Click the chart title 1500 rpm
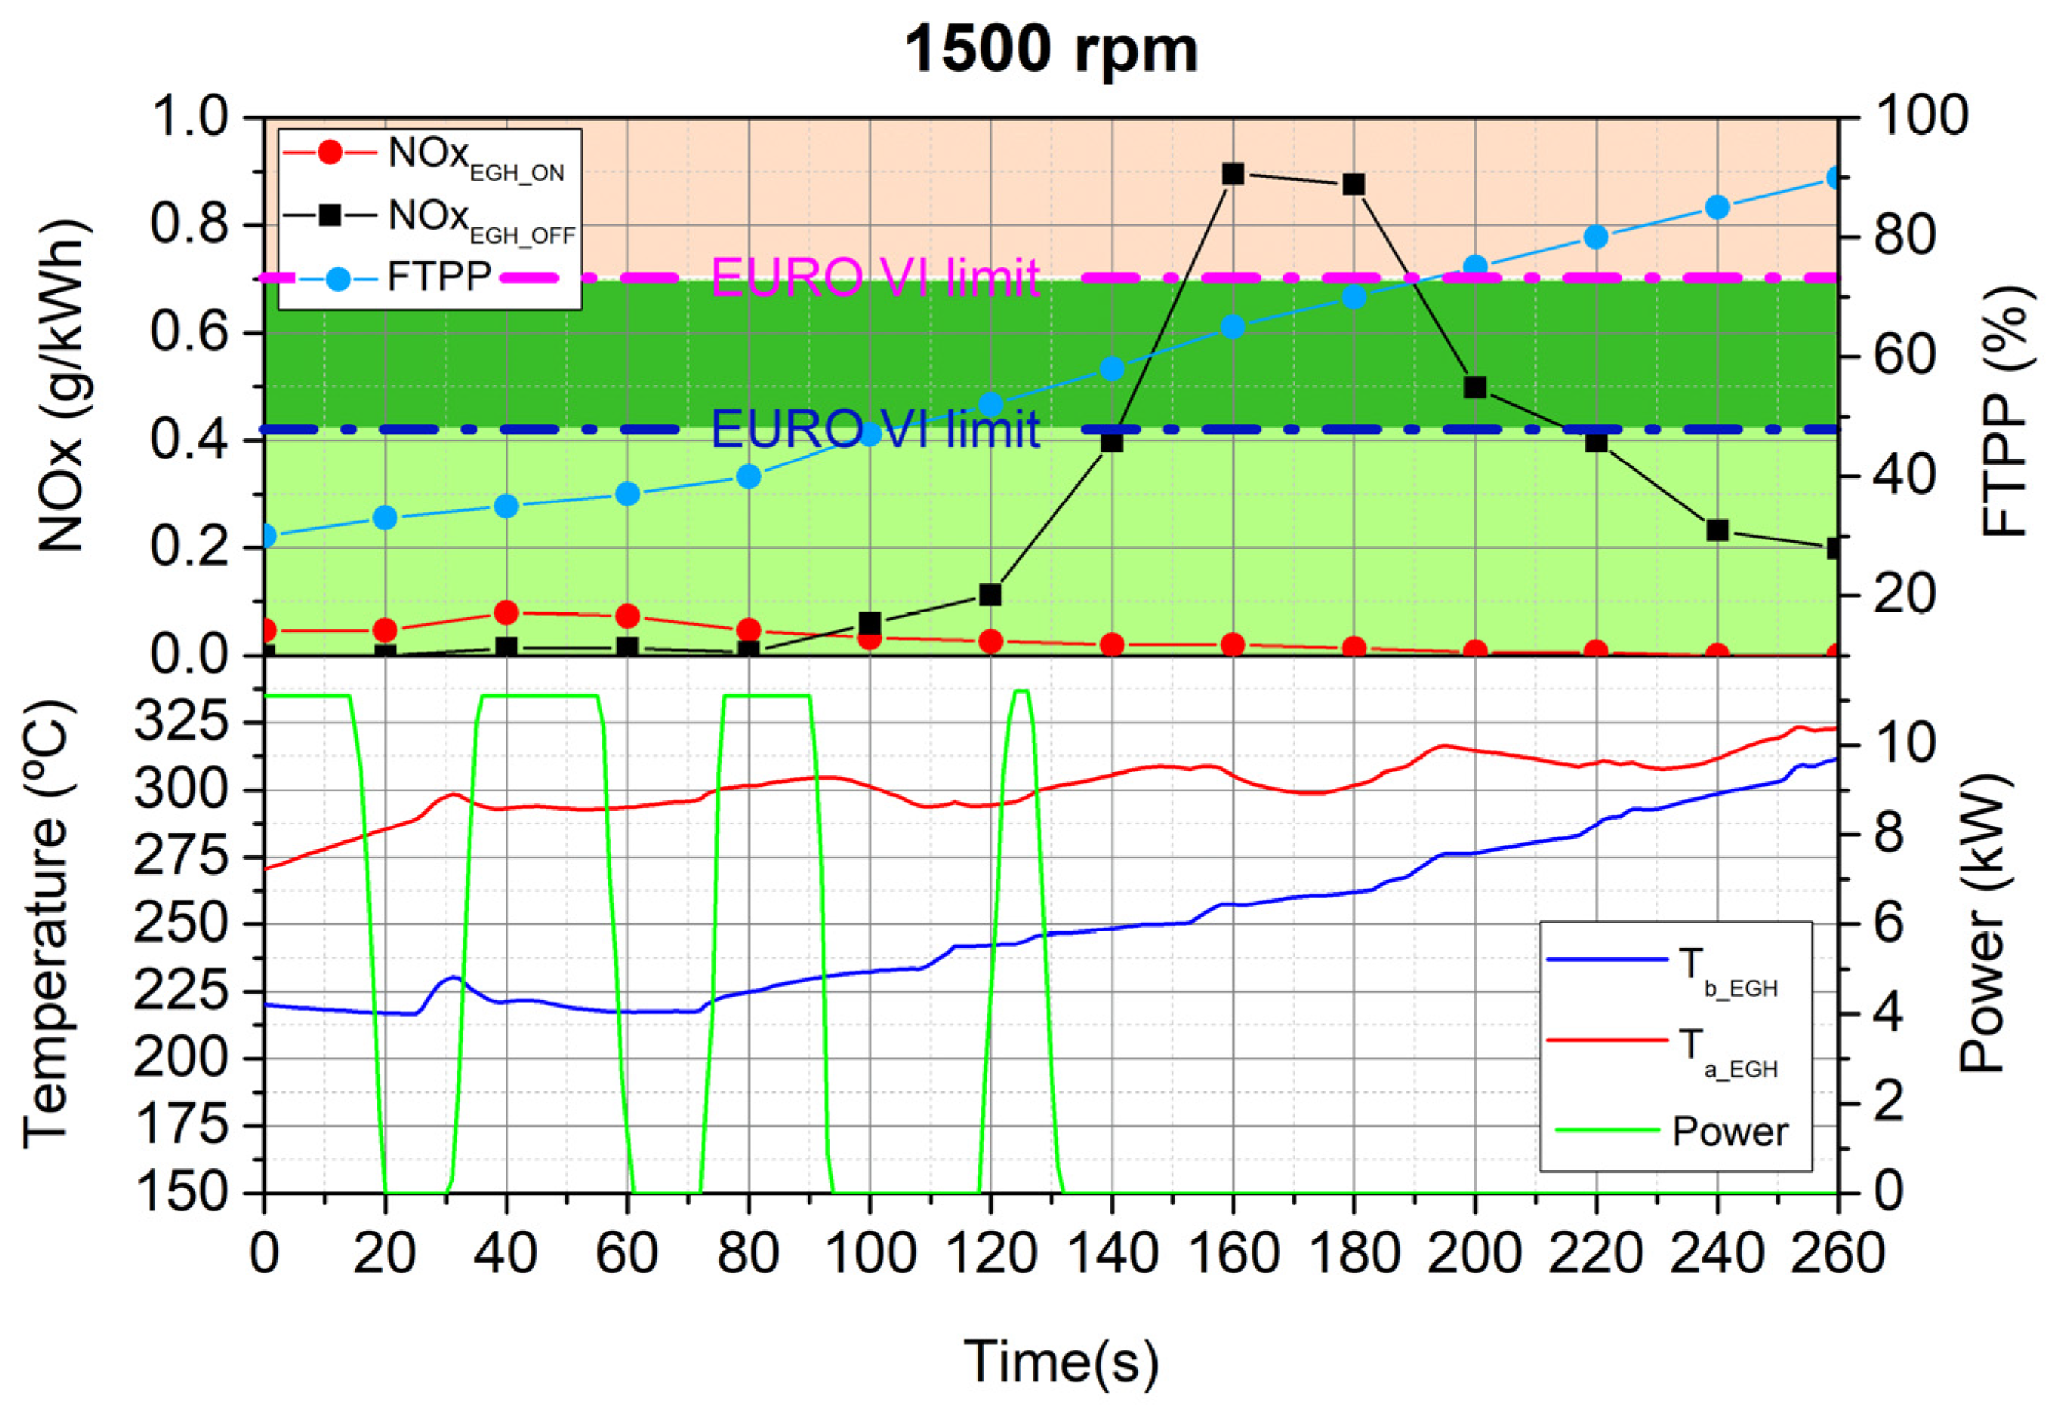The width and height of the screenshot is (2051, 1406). coord(1051,50)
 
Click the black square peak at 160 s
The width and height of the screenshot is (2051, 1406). coord(1233,174)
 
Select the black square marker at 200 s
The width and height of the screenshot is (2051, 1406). coord(1474,387)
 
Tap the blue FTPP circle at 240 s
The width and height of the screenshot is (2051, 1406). coord(1716,207)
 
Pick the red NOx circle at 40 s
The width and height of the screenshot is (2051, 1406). coord(506,612)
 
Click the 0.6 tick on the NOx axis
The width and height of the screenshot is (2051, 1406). coord(189,332)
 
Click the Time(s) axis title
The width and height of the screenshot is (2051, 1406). coord(1060,1359)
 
